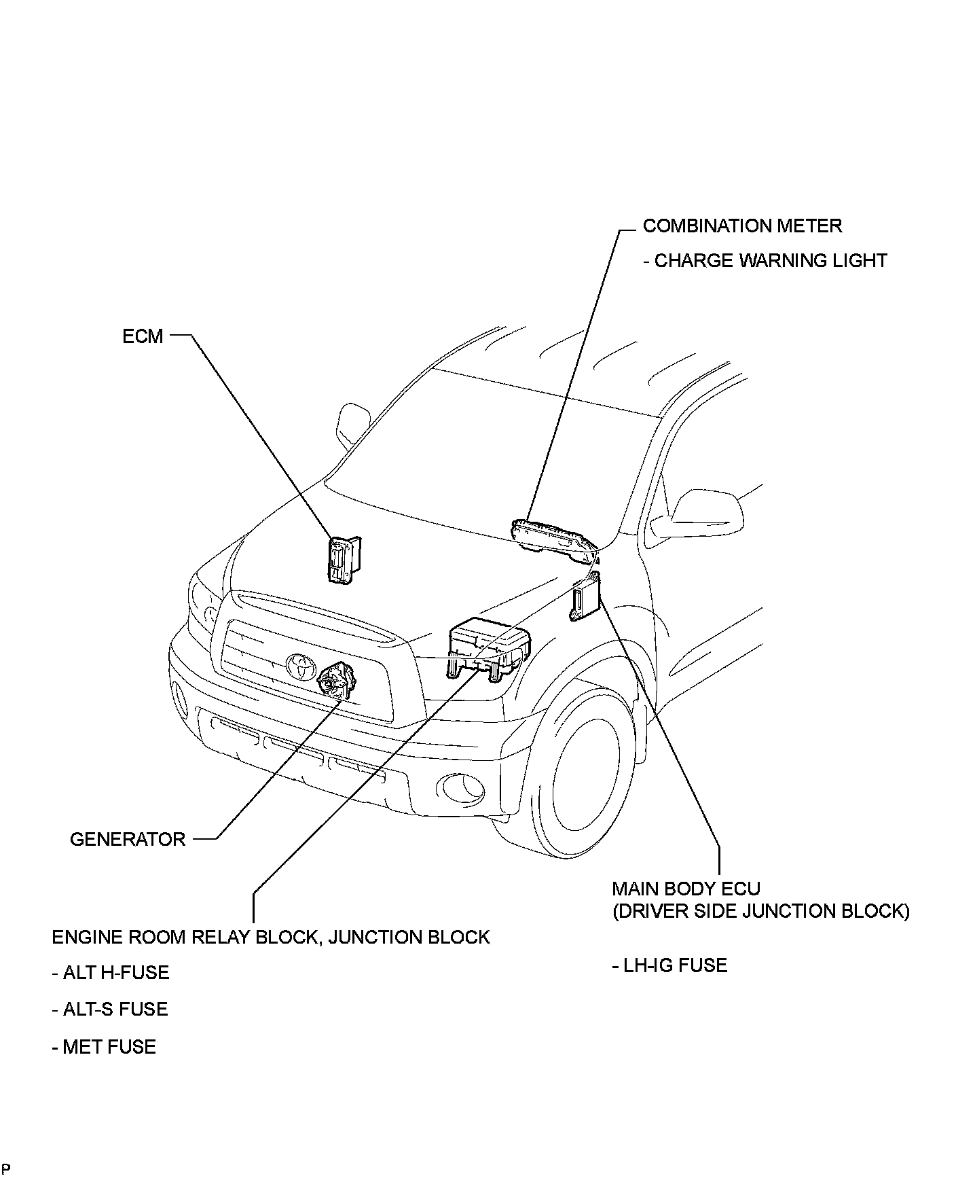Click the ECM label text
coord(143,336)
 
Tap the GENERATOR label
coord(128,839)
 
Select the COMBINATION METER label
coord(742,226)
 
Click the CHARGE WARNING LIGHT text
coord(765,261)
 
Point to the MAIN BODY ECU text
coord(686,889)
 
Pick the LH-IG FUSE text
coord(669,965)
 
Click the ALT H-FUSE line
coord(111,973)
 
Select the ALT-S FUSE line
coord(110,1010)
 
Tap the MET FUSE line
coord(104,1047)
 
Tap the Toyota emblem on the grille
coord(299,666)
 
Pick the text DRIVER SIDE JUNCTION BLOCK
coord(760,912)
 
